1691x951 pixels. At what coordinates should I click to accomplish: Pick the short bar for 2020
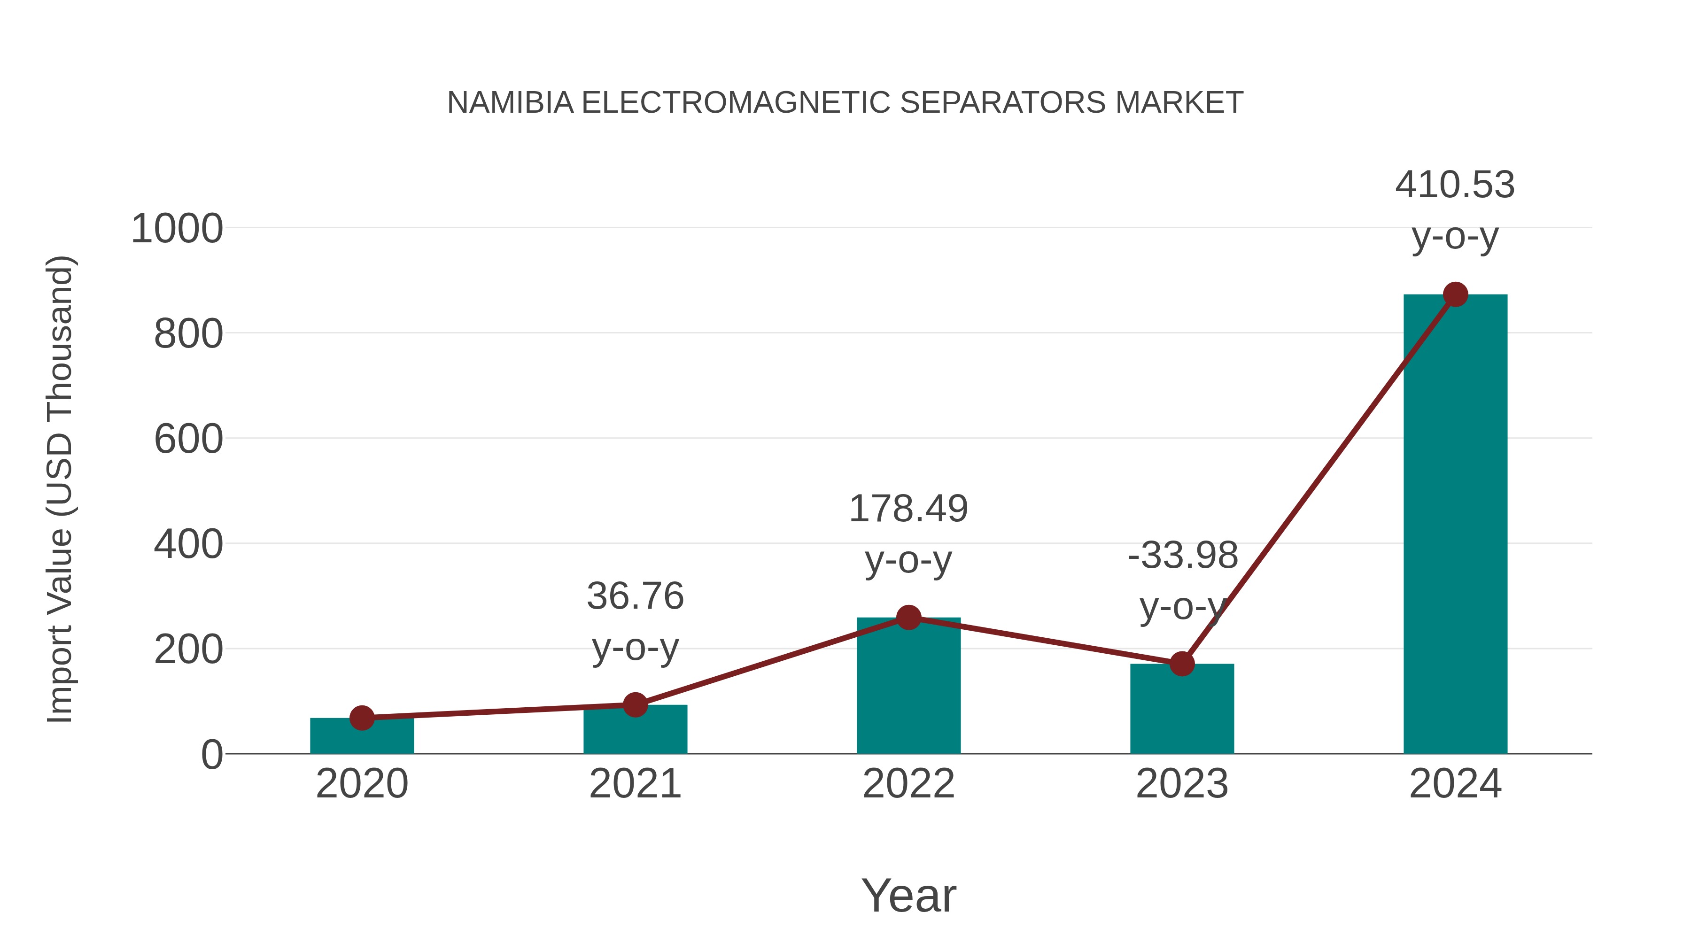(362, 736)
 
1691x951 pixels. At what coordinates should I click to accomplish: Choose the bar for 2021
(635, 729)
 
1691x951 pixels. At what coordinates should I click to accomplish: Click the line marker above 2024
(1455, 294)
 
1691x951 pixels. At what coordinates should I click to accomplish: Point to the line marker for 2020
(362, 718)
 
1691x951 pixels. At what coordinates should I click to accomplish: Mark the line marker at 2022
(908, 618)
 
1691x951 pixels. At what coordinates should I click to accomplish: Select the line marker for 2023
(1182, 664)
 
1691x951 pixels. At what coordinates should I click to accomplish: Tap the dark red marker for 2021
(635, 705)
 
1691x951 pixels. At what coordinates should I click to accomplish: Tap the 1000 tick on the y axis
(177, 229)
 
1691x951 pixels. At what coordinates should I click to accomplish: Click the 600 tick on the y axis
(188, 439)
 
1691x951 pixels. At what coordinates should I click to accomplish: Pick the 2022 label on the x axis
(908, 784)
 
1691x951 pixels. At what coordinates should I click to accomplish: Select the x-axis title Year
(908, 896)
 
